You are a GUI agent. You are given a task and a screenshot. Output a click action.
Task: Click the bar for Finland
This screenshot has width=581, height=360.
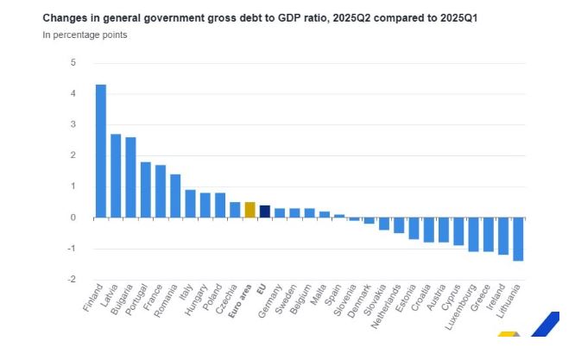point(100,151)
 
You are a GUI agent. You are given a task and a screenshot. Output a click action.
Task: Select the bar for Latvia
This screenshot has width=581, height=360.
point(116,175)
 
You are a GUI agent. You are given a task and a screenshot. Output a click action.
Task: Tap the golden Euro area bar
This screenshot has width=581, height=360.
point(249,210)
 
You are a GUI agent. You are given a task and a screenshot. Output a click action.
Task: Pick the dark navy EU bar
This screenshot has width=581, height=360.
point(265,212)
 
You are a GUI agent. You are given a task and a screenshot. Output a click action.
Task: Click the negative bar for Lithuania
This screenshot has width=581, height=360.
point(518,239)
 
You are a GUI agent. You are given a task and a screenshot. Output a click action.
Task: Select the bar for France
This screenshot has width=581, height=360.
point(161,191)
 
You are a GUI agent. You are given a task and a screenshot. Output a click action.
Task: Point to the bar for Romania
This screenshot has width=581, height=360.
point(175,196)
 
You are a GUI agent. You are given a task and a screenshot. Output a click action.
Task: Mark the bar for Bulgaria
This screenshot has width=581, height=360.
point(130,177)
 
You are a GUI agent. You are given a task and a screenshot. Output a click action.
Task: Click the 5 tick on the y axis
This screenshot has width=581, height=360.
point(73,63)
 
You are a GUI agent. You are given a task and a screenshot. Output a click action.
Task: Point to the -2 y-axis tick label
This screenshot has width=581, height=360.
point(72,280)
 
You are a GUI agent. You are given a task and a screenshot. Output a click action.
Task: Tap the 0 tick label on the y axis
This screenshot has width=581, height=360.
point(73,218)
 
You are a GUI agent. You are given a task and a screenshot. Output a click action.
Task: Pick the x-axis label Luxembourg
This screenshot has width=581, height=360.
point(460,308)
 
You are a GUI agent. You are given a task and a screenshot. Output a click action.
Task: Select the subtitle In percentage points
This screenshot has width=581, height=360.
point(85,35)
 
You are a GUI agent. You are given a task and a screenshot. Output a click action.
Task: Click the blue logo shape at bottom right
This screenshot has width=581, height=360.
point(543,326)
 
